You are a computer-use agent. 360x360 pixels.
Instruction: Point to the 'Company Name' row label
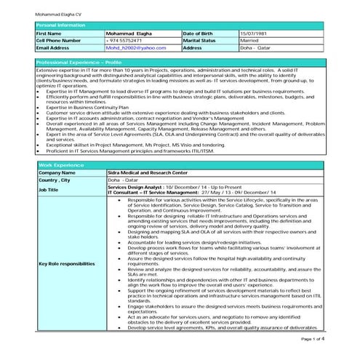point(57,172)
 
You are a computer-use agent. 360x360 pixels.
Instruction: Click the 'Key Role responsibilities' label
point(66,263)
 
